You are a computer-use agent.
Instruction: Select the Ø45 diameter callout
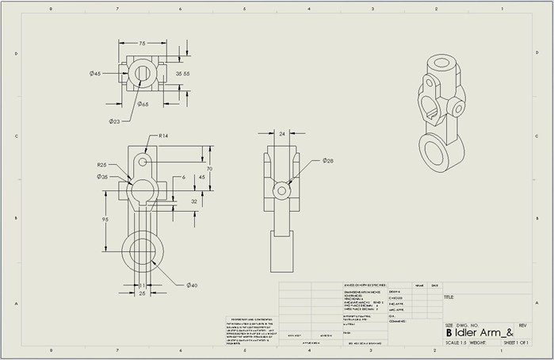(x=95, y=74)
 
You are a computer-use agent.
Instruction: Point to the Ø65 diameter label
(x=143, y=104)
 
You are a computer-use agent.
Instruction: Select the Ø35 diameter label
(x=103, y=177)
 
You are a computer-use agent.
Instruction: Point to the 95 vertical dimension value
(x=105, y=219)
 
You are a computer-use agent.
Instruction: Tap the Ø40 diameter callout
(x=192, y=285)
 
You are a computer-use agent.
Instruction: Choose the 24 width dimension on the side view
(x=281, y=134)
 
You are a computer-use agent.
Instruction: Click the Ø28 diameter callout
(x=328, y=161)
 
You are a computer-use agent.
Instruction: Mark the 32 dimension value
(x=193, y=201)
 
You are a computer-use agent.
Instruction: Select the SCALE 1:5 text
(x=457, y=343)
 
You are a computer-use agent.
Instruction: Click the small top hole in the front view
(x=143, y=161)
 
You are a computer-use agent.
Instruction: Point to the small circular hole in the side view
(x=281, y=191)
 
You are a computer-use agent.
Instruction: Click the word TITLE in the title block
(x=449, y=298)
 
